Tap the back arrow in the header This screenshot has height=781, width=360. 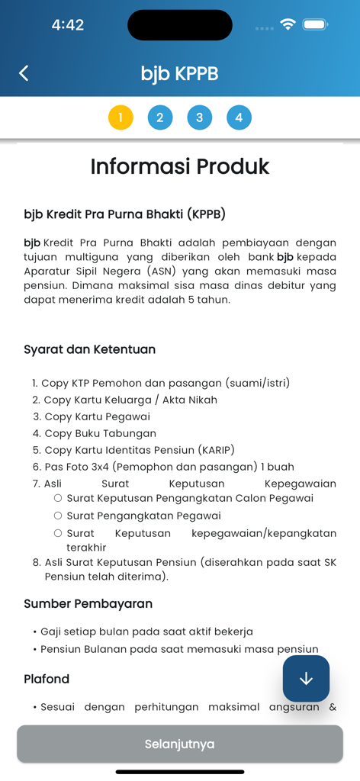[x=24, y=73]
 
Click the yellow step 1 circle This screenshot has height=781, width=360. [x=121, y=117]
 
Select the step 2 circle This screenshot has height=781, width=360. [x=160, y=117]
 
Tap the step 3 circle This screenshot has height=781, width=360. [x=199, y=117]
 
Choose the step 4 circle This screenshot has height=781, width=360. [x=239, y=117]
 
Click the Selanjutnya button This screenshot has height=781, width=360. [x=180, y=744]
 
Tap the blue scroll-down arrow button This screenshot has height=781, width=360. [x=306, y=678]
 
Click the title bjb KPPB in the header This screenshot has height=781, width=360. [x=180, y=73]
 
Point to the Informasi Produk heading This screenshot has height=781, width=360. [x=180, y=166]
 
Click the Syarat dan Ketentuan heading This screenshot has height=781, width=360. [x=90, y=349]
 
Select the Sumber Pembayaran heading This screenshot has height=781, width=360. [x=88, y=603]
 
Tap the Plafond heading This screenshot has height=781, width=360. [x=47, y=679]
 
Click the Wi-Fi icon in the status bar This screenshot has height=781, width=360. [x=288, y=24]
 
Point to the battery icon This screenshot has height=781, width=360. [x=315, y=24]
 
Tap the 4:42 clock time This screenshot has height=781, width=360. [x=67, y=25]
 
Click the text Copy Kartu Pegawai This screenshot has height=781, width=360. [x=97, y=416]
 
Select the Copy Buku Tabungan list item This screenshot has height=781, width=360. [x=100, y=433]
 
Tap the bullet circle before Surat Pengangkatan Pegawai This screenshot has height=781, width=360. [x=58, y=516]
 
